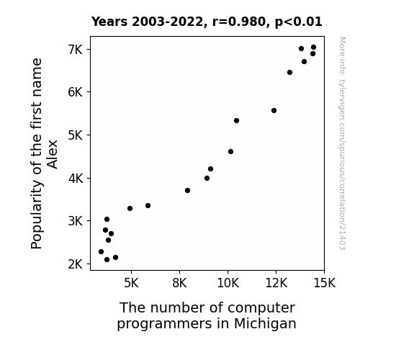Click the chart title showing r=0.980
(207, 22)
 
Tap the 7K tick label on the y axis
(76, 50)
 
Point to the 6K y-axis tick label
(76, 92)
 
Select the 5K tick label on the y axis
(76, 135)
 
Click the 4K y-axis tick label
(76, 179)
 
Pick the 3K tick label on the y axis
(76, 221)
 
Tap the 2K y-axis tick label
(76, 264)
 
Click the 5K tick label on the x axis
(131, 283)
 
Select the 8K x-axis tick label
(179, 283)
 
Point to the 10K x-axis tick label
(228, 283)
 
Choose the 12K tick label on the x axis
(276, 283)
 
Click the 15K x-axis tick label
(324, 283)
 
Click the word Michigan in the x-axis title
(265, 323)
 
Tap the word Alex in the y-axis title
(53, 155)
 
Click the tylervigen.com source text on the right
(342, 143)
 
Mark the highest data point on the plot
(313, 48)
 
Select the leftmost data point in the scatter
(101, 252)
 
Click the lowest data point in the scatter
(107, 260)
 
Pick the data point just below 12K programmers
(274, 111)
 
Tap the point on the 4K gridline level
(207, 179)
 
